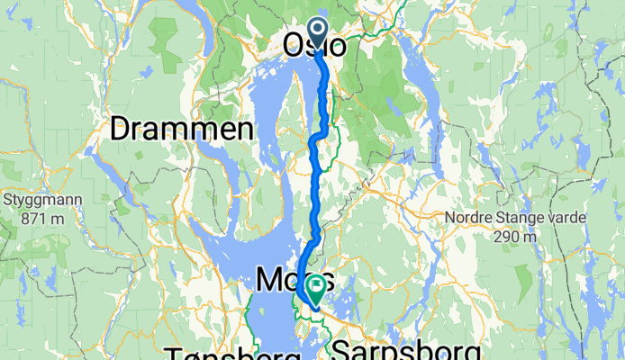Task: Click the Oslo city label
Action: pyautogui.click(x=314, y=44)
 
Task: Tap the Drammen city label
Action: pyautogui.click(x=180, y=130)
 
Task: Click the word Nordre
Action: pyautogui.click(x=471, y=218)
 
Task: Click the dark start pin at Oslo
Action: pyautogui.click(x=319, y=30)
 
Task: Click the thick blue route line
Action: pyautogui.click(x=314, y=180)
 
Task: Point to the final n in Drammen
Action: pyautogui.click(x=243, y=130)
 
